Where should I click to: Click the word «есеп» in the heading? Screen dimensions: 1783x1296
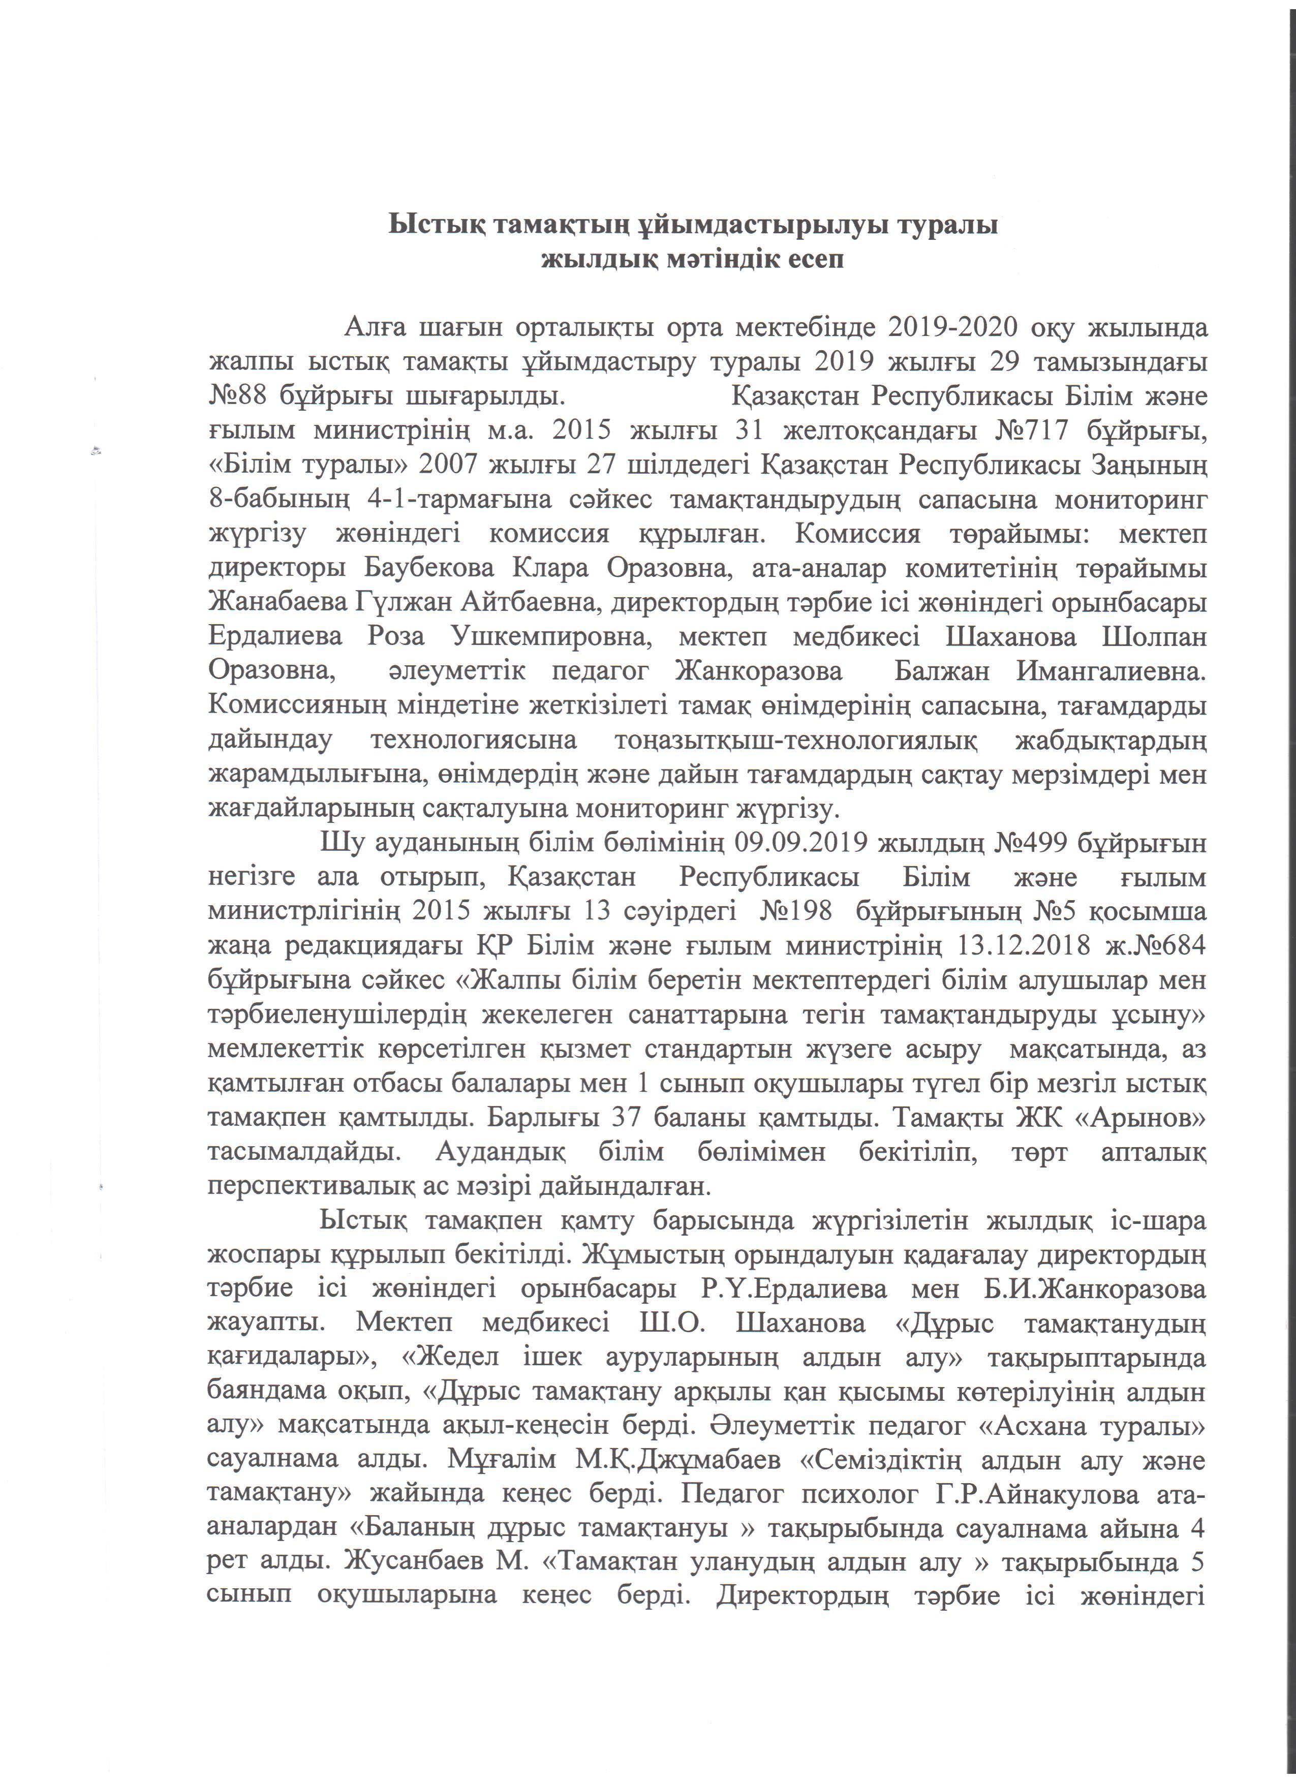pos(814,259)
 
